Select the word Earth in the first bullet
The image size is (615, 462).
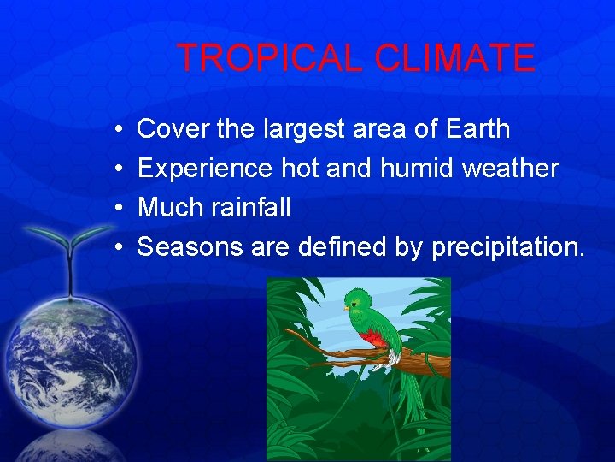(477, 129)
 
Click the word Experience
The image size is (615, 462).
(205, 169)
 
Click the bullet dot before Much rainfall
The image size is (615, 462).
(116, 208)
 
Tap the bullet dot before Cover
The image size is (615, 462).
(116, 129)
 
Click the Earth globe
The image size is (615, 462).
(70, 355)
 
